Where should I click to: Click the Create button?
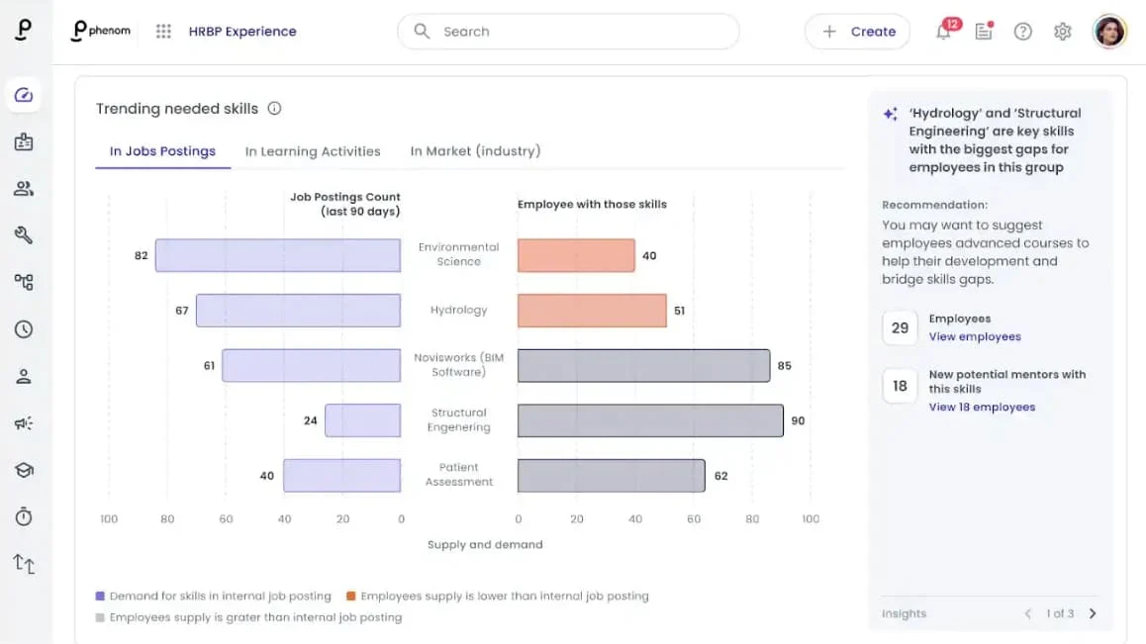(857, 32)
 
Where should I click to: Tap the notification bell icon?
(943, 32)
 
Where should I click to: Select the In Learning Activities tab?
(313, 151)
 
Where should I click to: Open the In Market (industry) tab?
(475, 151)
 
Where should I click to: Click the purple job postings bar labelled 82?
(278, 256)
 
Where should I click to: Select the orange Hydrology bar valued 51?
(592, 311)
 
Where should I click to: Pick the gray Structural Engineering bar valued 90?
(650, 420)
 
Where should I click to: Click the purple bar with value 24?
(362, 420)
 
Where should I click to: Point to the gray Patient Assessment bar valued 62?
(611, 476)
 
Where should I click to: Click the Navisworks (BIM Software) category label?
(459, 365)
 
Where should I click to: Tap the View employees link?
(975, 337)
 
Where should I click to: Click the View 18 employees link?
(983, 408)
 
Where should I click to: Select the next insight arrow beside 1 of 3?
(1093, 613)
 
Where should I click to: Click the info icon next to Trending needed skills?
(274, 108)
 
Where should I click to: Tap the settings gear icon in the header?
(1063, 32)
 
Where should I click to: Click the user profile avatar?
(1109, 32)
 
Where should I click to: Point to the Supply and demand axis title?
(485, 545)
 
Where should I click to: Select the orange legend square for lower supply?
(350, 596)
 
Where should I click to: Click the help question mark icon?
(1022, 32)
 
